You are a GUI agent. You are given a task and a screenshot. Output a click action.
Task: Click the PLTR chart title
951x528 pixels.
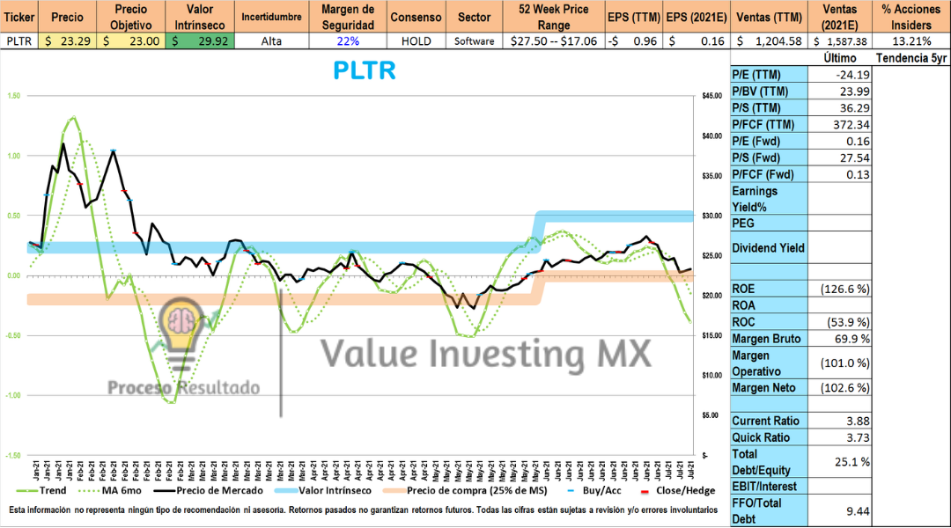[x=364, y=71]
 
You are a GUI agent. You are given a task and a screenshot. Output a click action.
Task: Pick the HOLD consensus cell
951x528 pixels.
[x=416, y=40]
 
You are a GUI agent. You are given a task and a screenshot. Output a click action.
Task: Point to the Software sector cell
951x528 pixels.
[x=475, y=40]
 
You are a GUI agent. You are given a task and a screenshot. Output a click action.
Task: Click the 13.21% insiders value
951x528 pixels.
[x=910, y=40]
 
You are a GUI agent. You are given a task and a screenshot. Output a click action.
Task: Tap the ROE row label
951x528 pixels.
[x=745, y=288]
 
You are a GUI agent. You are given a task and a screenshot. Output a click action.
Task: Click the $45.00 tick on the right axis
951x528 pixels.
[x=712, y=96]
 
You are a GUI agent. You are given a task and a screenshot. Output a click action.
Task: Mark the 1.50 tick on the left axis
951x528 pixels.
[x=12, y=96]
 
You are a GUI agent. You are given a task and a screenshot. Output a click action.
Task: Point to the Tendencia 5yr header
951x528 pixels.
[x=910, y=57]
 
